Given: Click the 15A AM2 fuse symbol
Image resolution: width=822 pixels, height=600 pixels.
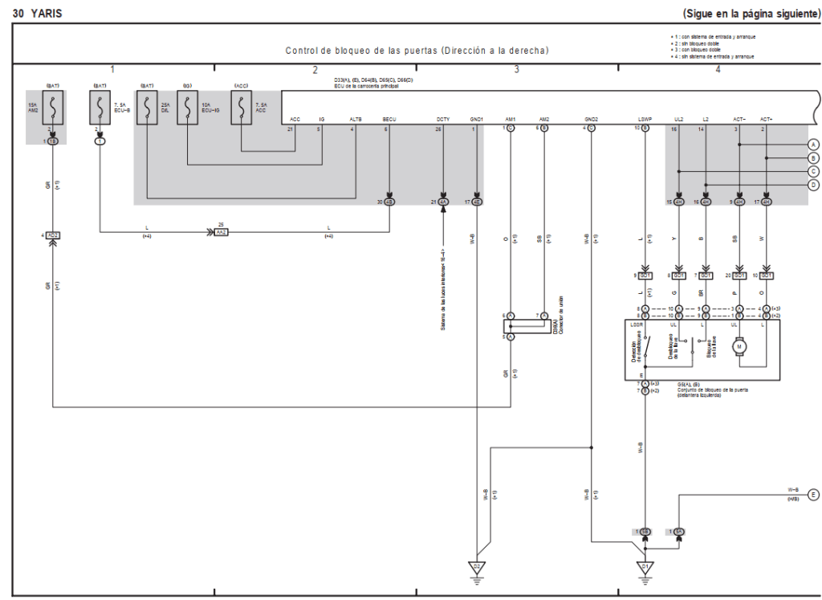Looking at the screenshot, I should pyautogui.click(x=52, y=108).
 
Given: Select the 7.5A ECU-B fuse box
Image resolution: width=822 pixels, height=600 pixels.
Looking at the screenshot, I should pyautogui.click(x=100, y=108).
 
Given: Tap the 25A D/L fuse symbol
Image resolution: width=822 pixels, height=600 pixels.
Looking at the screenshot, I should pyautogui.click(x=147, y=108).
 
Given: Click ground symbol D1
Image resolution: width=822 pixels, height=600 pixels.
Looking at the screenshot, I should pyautogui.click(x=644, y=568).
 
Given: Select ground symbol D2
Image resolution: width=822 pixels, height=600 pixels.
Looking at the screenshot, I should pyautogui.click(x=476, y=568).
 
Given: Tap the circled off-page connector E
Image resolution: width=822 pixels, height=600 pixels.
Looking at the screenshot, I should pyautogui.click(x=813, y=494).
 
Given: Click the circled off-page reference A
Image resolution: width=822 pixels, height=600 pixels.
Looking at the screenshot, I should pyautogui.click(x=813, y=145).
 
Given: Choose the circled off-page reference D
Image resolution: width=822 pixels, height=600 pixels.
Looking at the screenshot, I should pyautogui.click(x=813, y=186).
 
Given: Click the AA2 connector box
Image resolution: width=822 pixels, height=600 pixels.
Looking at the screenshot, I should pyautogui.click(x=221, y=233).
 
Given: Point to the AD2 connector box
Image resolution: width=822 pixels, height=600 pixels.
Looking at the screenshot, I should pyautogui.click(x=53, y=235).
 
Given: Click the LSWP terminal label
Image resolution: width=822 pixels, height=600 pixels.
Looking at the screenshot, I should pyautogui.click(x=645, y=118).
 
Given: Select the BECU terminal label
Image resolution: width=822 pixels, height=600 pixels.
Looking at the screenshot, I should pyautogui.click(x=389, y=118).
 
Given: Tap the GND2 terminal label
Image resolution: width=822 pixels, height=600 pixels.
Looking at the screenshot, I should pyautogui.click(x=591, y=118).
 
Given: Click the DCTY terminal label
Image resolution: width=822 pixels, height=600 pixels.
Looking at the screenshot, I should pyautogui.click(x=443, y=118).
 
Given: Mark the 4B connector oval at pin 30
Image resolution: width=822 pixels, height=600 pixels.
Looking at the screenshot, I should pyautogui.click(x=389, y=202).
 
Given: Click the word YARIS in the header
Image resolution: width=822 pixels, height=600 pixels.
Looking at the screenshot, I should pyautogui.click(x=47, y=14).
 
